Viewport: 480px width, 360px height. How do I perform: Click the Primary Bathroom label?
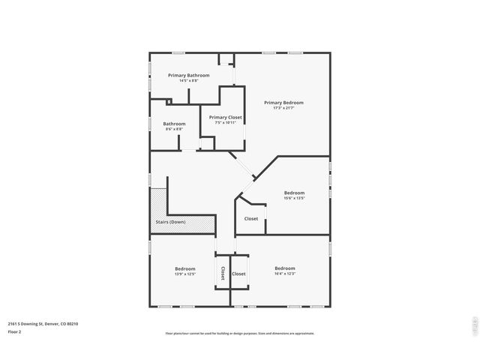tap(188, 75)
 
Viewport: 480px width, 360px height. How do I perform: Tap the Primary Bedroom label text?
tap(283, 103)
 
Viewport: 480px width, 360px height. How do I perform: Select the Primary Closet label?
tap(225, 117)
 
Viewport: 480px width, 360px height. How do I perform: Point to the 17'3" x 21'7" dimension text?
tap(283, 108)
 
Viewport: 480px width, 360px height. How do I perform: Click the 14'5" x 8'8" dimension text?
tap(188, 80)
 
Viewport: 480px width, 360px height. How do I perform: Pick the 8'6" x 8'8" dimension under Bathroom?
tap(174, 129)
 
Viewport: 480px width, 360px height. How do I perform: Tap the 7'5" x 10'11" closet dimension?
tap(225, 122)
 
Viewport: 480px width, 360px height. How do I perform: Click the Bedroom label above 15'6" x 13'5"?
tap(294, 193)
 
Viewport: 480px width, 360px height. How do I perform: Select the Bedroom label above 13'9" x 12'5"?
tap(185, 268)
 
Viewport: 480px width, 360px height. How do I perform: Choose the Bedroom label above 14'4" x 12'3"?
tap(284, 268)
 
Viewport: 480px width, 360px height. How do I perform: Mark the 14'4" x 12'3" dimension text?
tap(284, 274)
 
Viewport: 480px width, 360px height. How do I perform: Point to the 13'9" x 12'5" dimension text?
tap(185, 274)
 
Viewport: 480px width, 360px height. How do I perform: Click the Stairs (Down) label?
tap(170, 222)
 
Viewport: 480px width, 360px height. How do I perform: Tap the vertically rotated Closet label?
tap(223, 274)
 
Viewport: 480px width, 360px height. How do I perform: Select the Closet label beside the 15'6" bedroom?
tap(251, 219)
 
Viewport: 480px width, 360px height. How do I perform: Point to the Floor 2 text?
tap(14, 331)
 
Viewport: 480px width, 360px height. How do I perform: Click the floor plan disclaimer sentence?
tap(239, 333)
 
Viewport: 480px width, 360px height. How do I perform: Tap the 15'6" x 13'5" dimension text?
tap(294, 198)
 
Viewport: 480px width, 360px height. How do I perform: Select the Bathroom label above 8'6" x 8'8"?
tap(174, 124)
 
